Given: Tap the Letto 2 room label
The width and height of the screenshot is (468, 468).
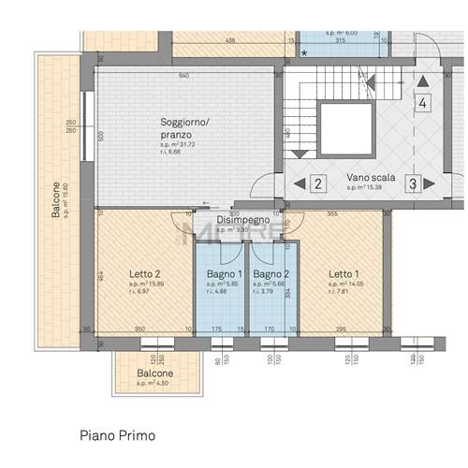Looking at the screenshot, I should click(146, 274).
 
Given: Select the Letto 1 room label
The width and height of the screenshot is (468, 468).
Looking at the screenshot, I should click(344, 274).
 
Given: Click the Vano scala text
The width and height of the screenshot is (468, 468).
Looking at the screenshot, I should click(370, 177).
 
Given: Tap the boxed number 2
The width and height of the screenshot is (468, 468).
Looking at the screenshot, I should click(318, 183).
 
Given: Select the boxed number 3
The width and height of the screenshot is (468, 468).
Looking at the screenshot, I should click(412, 183).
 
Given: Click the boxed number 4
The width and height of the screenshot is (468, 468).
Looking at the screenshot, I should click(423, 103).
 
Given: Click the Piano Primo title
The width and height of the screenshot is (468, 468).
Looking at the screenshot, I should click(117, 435).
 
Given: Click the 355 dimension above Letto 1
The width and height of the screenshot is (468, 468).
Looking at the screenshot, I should click(332, 214).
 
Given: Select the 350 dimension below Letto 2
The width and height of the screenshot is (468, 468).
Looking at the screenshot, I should click(139, 329).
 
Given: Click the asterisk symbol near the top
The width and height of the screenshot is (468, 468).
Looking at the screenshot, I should click(303, 53).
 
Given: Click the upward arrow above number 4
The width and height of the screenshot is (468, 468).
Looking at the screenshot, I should click(423, 81).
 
